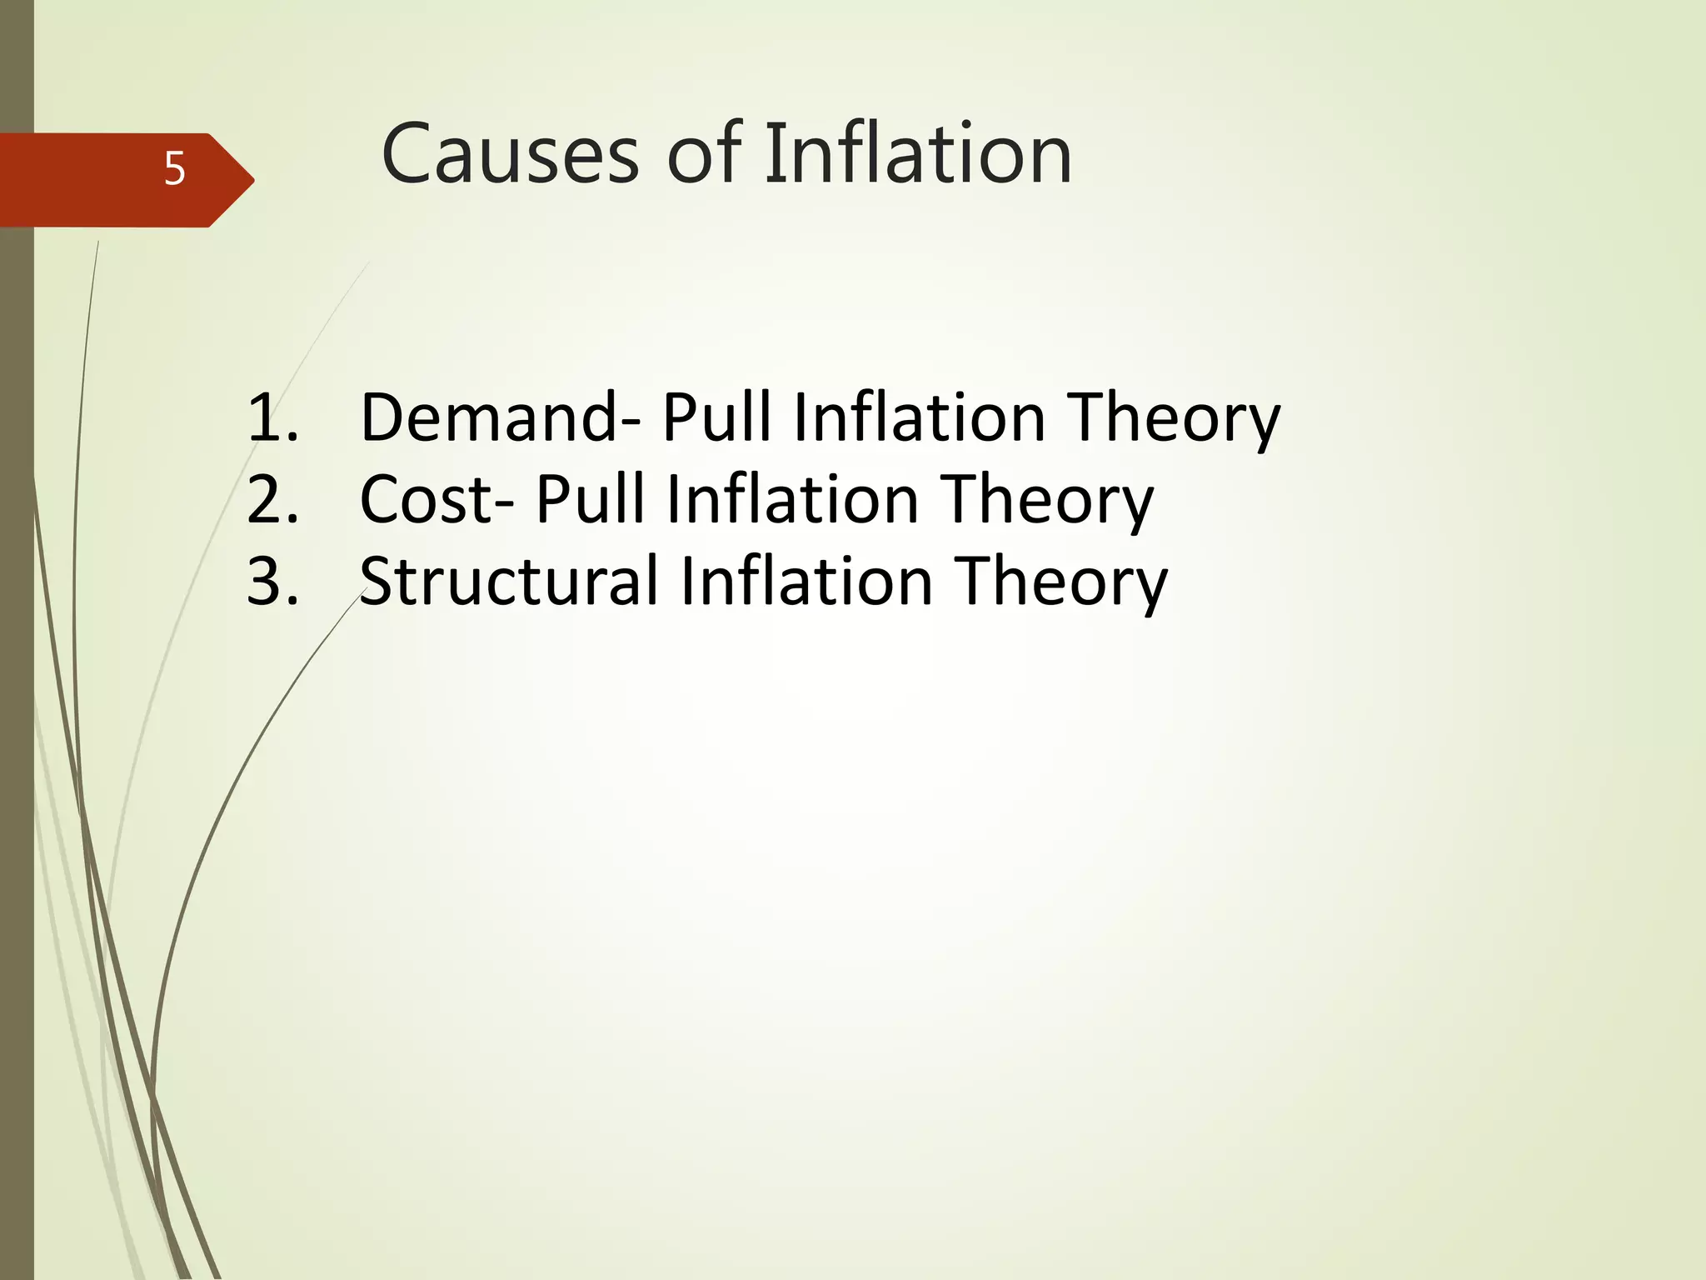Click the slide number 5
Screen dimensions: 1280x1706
[x=174, y=169]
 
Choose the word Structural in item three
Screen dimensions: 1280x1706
[x=509, y=581]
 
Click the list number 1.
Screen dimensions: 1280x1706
[x=272, y=417]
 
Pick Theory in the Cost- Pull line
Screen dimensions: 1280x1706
[x=1047, y=501]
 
